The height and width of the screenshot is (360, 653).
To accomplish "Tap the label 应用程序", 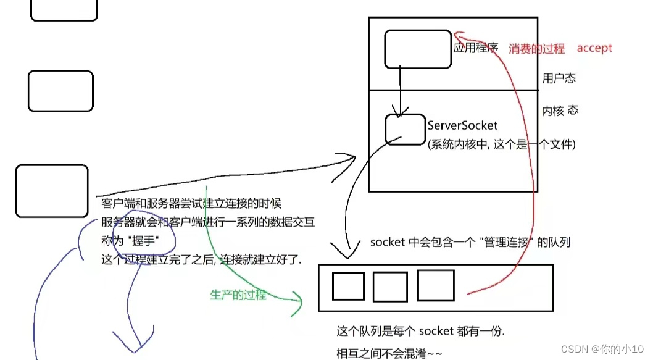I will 475,48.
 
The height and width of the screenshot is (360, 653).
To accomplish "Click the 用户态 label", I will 559,78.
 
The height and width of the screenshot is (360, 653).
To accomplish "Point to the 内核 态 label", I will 560,111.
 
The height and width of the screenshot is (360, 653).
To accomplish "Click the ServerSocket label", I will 462,125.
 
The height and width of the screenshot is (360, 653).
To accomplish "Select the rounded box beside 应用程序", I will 417,49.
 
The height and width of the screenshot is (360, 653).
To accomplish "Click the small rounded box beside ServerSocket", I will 405,129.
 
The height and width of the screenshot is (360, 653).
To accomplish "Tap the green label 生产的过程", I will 238,295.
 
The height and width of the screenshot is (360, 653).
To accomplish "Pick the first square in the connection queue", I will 348,287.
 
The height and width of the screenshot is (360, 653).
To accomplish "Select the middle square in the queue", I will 390,287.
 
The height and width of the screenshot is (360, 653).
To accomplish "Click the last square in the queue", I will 436,285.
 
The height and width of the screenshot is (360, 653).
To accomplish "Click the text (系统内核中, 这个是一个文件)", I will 501,144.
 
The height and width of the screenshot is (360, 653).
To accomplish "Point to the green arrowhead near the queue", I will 299,303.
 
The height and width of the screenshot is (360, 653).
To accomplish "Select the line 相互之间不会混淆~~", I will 389,353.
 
